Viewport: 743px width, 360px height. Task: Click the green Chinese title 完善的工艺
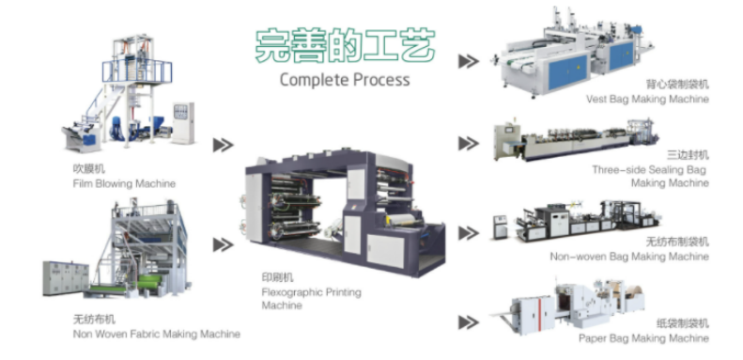[345, 45]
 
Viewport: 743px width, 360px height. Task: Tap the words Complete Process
[345, 80]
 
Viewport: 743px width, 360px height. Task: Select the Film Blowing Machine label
[124, 183]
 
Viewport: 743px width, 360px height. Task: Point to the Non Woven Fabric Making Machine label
[156, 334]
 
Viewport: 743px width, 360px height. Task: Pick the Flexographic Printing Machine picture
[345, 212]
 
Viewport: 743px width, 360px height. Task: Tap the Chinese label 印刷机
[278, 277]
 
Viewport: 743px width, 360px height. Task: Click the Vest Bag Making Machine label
[647, 99]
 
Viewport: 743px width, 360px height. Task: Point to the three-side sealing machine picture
[576, 139]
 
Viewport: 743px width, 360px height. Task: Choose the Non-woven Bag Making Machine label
[629, 257]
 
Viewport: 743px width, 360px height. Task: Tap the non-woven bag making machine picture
[576, 221]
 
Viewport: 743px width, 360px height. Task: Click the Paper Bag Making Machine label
[643, 338]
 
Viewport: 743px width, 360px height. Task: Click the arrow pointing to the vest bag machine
[469, 61]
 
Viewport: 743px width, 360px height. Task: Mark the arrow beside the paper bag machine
[469, 322]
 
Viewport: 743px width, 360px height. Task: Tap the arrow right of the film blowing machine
[224, 145]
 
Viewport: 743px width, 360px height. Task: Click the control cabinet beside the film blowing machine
[183, 123]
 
